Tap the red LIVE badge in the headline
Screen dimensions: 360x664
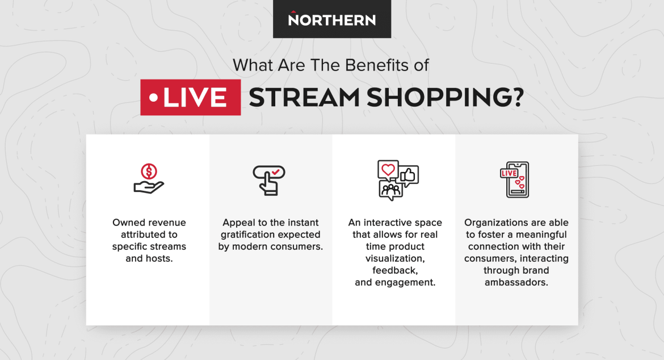(191, 98)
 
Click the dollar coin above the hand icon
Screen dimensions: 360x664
(149, 170)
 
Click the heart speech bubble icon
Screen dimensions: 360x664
(388, 169)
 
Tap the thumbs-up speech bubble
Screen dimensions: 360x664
(409, 175)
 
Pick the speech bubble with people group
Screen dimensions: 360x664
(390, 190)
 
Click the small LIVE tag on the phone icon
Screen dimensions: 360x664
(508, 173)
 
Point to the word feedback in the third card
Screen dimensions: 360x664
(395, 271)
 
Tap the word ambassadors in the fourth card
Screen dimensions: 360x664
(516, 282)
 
